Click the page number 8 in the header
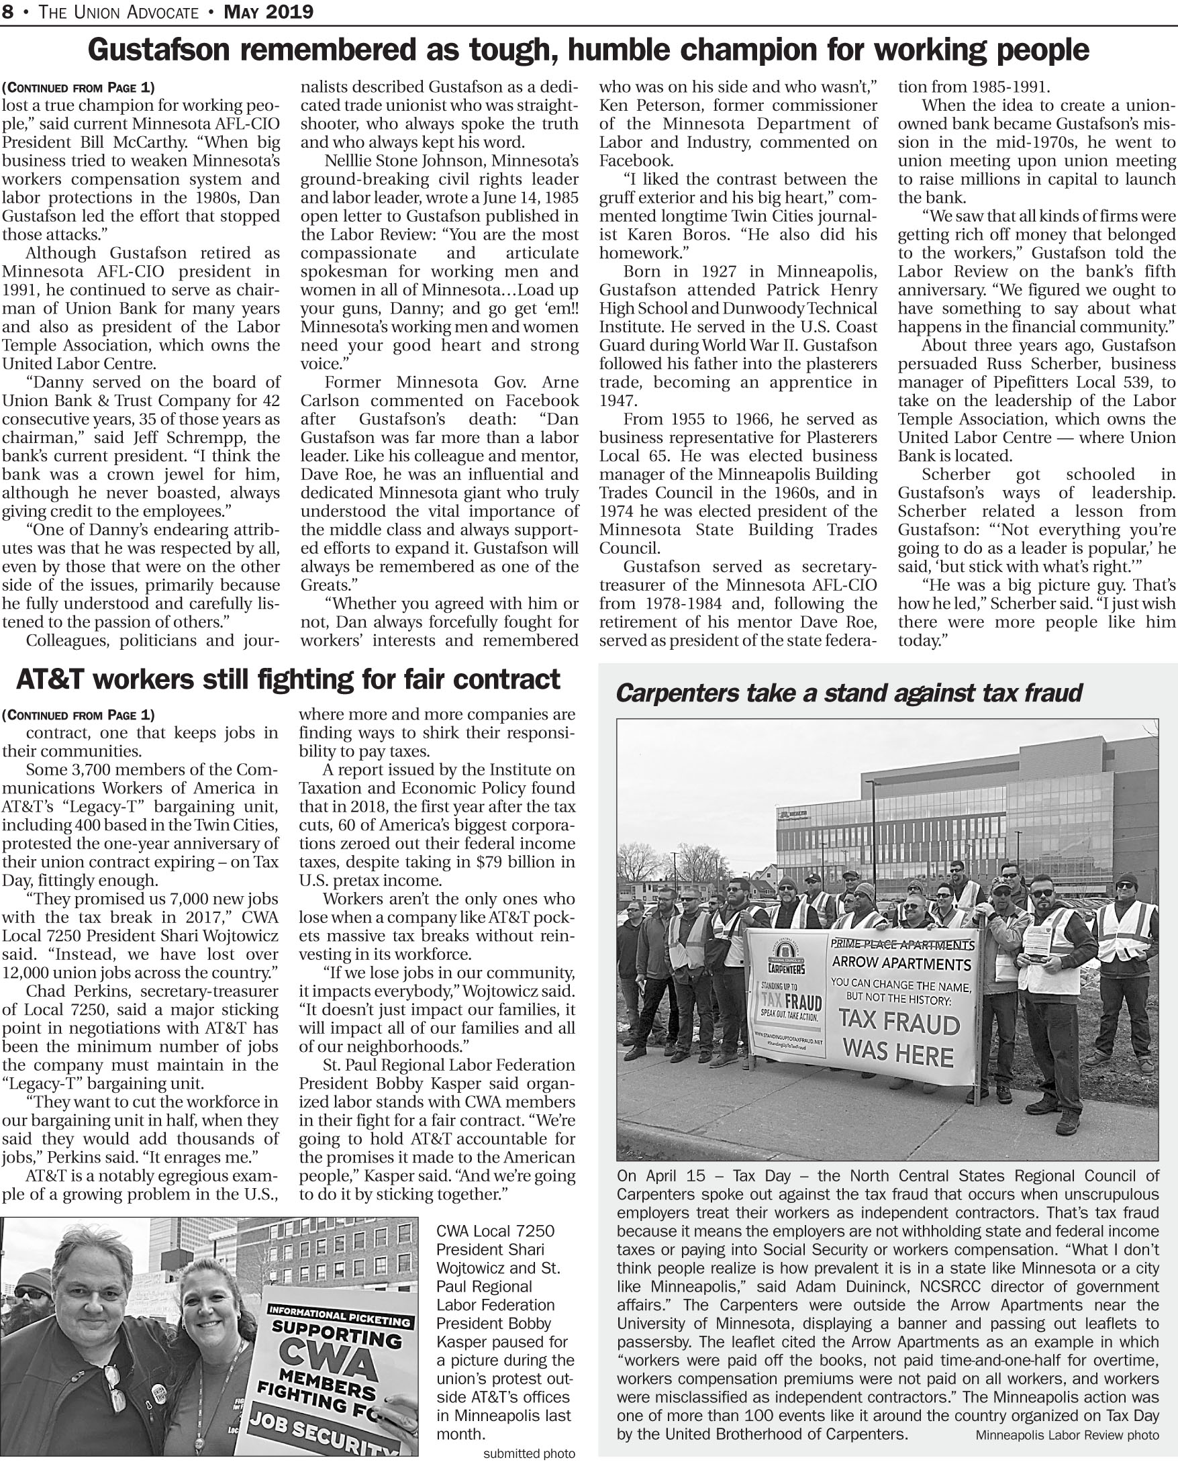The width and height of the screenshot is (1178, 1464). click(x=7, y=11)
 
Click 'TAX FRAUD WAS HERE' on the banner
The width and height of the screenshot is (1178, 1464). click(x=898, y=1038)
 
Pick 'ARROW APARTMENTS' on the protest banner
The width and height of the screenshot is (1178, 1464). click(x=901, y=962)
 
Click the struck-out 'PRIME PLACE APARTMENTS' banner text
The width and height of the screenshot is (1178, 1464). click(x=902, y=944)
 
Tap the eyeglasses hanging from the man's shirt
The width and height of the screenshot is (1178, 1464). click(x=115, y=1389)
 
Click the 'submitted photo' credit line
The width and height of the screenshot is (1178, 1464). click(x=529, y=1454)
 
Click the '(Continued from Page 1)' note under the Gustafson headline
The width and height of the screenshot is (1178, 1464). click(x=78, y=87)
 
